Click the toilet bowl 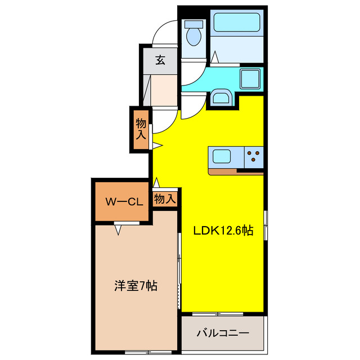pos(194,37)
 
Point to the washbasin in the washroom pos(221,100)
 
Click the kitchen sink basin pos(221,155)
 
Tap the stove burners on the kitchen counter pos(254,155)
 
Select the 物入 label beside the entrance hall pos(141,129)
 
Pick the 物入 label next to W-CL pos(165,199)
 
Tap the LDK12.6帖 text pos(223,231)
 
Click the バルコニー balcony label pos(223,334)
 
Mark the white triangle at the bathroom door pos(215,57)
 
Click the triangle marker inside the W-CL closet pos(119,229)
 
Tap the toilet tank pos(194,24)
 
